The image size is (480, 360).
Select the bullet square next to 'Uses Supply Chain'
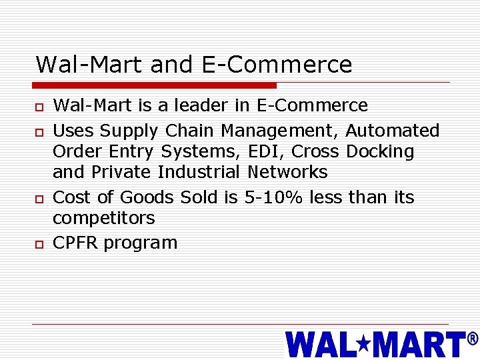click(39, 131)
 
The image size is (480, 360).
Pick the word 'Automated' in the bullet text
click(392, 130)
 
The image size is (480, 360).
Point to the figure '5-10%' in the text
click(268, 197)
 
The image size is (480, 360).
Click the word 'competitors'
click(103, 219)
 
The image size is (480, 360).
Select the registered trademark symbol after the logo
click(472, 339)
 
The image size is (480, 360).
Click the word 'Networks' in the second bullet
click(287, 172)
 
